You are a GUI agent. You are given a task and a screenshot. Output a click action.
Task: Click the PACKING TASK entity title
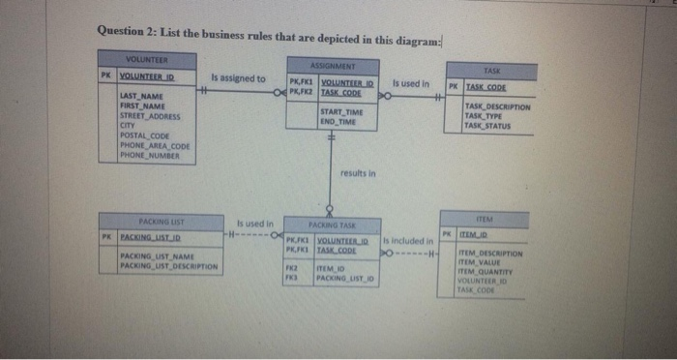click(329, 223)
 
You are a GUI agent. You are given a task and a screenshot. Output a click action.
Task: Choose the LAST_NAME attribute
click(141, 96)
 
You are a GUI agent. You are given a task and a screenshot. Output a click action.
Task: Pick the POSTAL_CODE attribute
click(145, 135)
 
